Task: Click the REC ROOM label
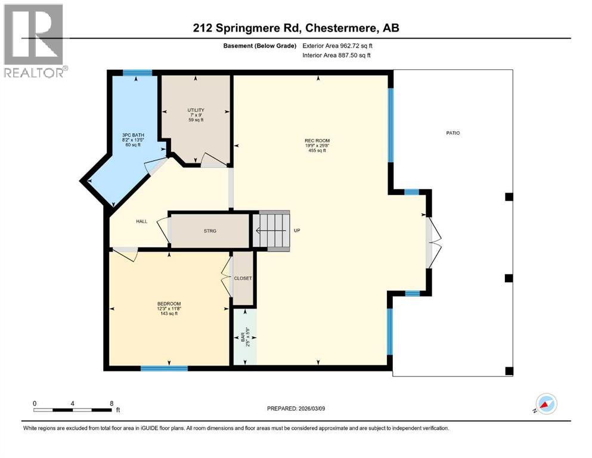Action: [x=317, y=141]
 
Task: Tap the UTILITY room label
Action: [x=196, y=110]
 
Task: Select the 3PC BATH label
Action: [x=129, y=135]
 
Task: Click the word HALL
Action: [x=141, y=221]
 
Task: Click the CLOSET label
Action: [x=243, y=278]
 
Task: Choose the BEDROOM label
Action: [x=169, y=304]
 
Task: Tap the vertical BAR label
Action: [x=243, y=339]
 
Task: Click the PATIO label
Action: [x=452, y=133]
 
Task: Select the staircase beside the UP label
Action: [x=273, y=230]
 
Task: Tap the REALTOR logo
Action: [x=34, y=41]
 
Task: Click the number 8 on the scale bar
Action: [x=111, y=403]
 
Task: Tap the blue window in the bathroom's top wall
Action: [x=137, y=73]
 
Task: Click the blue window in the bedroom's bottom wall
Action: [x=164, y=368]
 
